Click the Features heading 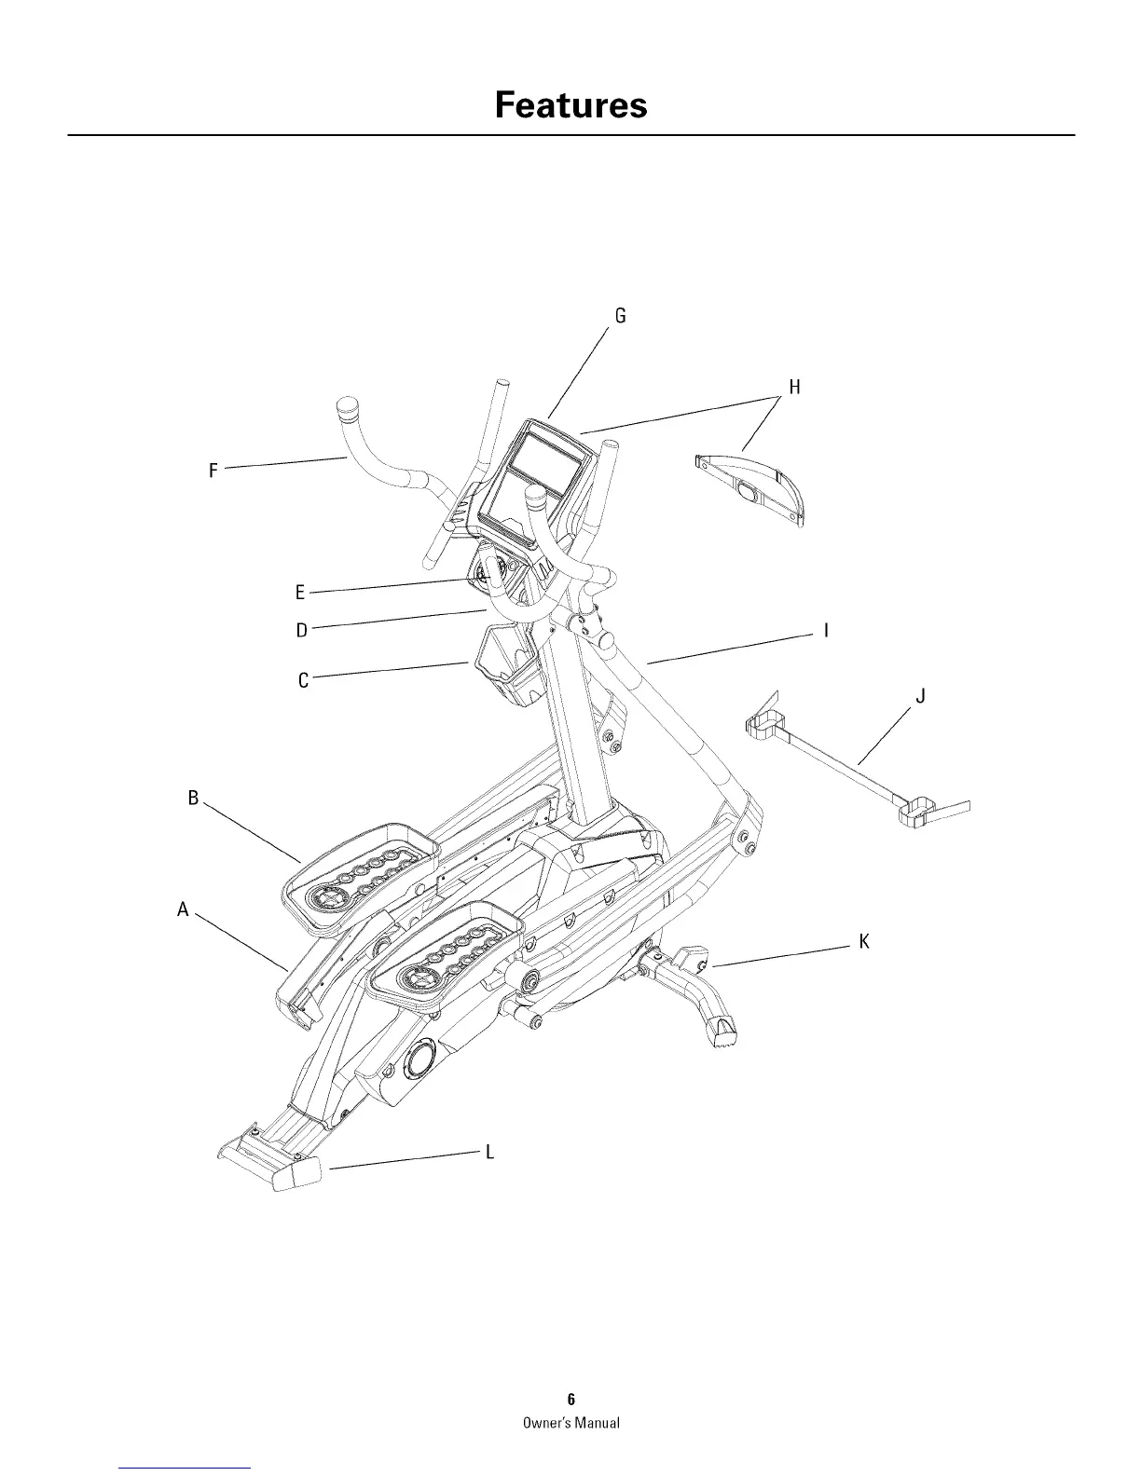click(x=570, y=105)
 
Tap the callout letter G click(x=620, y=316)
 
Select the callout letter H click(x=794, y=387)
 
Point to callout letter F click(x=213, y=471)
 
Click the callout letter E click(x=300, y=593)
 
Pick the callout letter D click(x=301, y=631)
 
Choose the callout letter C click(x=303, y=681)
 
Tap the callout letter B click(x=194, y=798)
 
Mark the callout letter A click(x=184, y=909)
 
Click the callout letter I click(x=826, y=632)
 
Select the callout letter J click(x=920, y=696)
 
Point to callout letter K click(x=864, y=942)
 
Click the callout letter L click(x=488, y=1153)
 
